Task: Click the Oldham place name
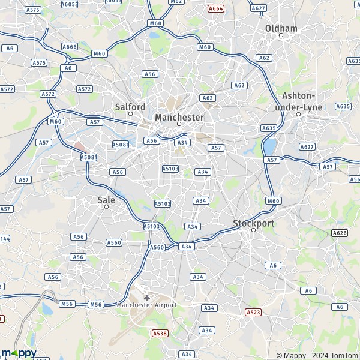(x=281, y=28)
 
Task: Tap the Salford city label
(x=130, y=107)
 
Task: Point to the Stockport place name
(x=253, y=223)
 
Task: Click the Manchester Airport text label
(x=147, y=305)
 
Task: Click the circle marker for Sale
(x=107, y=206)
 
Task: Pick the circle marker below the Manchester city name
(x=179, y=124)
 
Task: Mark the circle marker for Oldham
(x=281, y=35)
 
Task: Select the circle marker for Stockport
(x=253, y=230)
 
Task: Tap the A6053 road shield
(x=70, y=4)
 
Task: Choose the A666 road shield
(x=70, y=47)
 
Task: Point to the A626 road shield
(x=340, y=233)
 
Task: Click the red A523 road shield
(x=253, y=313)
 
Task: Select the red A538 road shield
(x=160, y=333)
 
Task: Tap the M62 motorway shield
(x=176, y=2)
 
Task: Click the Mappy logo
(x=19, y=353)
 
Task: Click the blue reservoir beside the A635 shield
(x=270, y=146)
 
